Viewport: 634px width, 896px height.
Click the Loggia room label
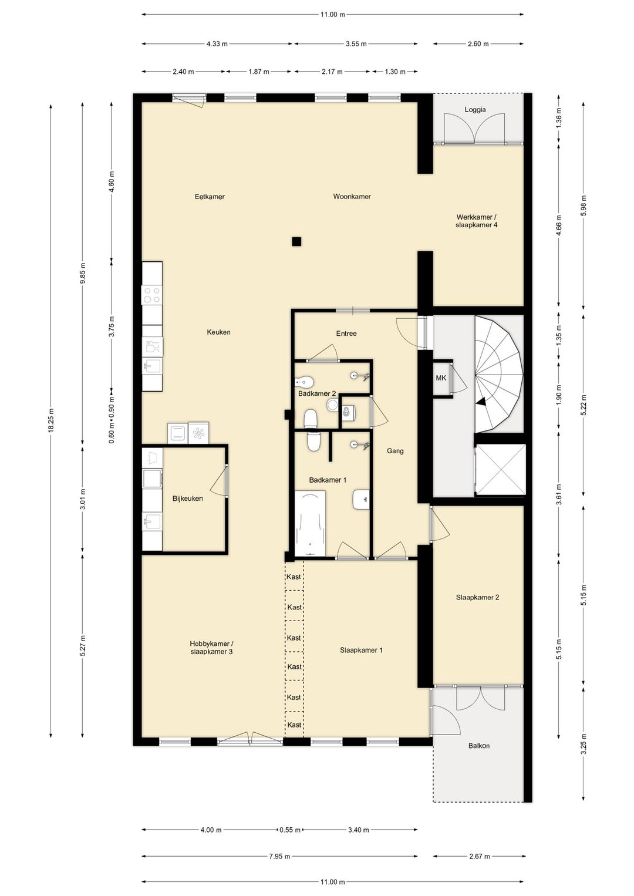[475, 110]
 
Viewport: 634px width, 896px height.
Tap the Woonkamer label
[352, 196]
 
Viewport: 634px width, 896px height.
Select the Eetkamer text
[210, 196]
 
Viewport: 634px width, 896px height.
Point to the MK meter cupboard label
[441, 378]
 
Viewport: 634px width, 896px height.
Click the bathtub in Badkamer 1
[310, 523]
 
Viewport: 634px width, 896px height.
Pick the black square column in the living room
[296, 241]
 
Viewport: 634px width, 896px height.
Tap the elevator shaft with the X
[500, 470]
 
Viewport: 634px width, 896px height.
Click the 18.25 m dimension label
[51, 420]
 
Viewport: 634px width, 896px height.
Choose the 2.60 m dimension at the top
[478, 43]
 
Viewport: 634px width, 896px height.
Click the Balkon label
[479, 746]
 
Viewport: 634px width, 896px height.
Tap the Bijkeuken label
[188, 498]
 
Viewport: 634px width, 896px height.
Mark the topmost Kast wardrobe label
[294, 577]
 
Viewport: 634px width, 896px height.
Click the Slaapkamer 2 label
[478, 597]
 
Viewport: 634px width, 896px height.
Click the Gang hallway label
[395, 451]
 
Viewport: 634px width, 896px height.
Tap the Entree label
[346, 333]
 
